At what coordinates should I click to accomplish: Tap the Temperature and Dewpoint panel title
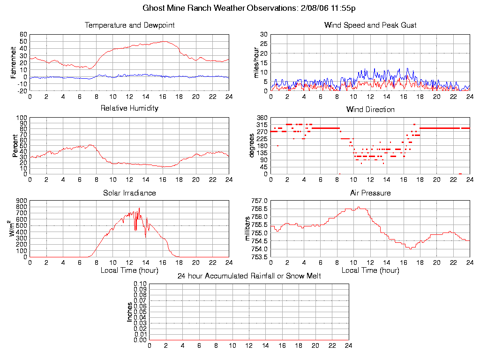tap(129, 25)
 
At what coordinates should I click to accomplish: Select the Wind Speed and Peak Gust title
tap(370, 25)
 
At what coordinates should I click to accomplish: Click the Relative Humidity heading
tap(129, 108)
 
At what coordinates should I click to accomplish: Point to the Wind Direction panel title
tap(370, 109)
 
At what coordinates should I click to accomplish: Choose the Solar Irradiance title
tap(129, 193)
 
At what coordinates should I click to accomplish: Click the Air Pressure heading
tap(370, 193)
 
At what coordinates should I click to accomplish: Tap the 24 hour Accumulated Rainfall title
tap(249, 276)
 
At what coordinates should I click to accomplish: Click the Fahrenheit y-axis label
tap(14, 62)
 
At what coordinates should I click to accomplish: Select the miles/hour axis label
tap(256, 62)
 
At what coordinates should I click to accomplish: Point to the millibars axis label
tap(248, 229)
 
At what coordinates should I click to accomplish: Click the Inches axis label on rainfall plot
tap(130, 312)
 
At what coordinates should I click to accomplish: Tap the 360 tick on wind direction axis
tap(262, 118)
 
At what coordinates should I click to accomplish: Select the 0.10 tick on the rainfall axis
tap(140, 284)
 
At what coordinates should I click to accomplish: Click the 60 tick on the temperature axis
tap(23, 35)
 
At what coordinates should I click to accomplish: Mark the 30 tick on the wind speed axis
tap(264, 35)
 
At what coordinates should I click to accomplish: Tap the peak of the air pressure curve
tap(359, 207)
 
